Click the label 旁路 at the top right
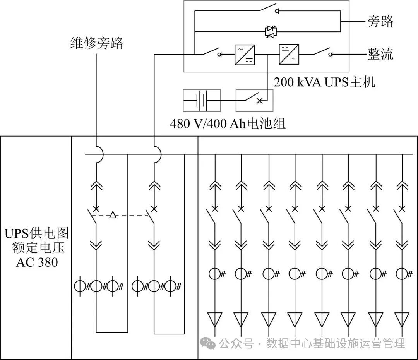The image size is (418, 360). [380, 21]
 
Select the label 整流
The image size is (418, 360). [380, 54]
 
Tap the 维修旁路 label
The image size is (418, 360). [96, 43]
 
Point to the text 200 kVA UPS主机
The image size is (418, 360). [324, 82]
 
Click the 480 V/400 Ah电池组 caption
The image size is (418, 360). [228, 124]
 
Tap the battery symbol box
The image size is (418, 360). [201, 100]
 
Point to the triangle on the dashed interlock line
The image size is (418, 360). [113, 215]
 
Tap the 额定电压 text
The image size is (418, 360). [37, 248]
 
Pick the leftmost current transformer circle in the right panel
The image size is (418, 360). [215, 274]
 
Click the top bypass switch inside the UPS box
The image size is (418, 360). [267, 9]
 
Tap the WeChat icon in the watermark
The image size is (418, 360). [209, 343]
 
